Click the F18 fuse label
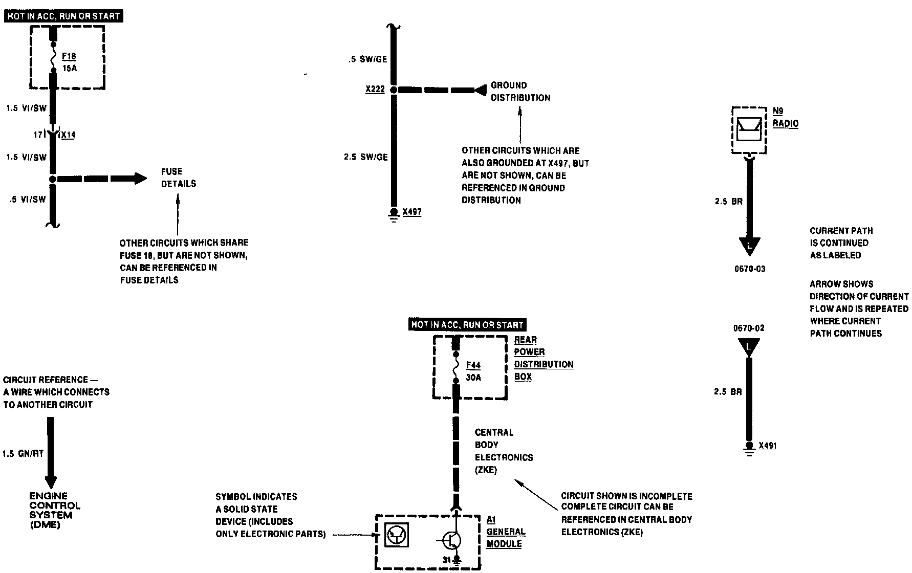coord(69,56)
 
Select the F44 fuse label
coord(473,366)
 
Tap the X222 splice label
coord(375,90)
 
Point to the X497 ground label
coord(412,212)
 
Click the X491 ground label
coord(767,446)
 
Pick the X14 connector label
coord(68,135)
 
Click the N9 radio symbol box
coord(749,129)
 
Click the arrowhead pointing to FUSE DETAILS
coord(140,179)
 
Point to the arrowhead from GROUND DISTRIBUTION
coord(480,91)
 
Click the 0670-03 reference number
coord(750,269)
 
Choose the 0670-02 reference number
coord(749,328)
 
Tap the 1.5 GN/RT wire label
coord(23,454)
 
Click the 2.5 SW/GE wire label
coord(365,157)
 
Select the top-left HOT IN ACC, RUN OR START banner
coord(64,16)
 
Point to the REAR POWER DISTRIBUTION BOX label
coord(543,358)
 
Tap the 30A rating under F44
coord(473,378)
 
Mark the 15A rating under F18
coord(70,68)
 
